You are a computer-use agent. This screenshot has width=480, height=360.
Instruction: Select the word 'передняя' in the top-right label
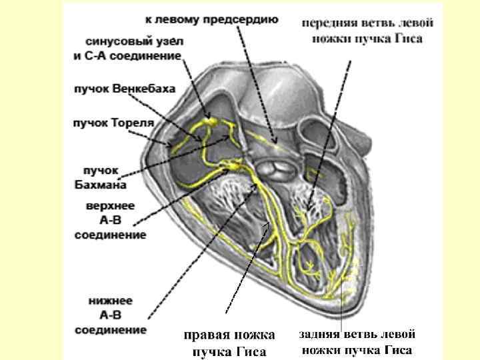(331, 23)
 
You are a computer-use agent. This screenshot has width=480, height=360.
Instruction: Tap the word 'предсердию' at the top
(245, 19)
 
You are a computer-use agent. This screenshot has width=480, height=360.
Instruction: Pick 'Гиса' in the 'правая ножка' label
(251, 351)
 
